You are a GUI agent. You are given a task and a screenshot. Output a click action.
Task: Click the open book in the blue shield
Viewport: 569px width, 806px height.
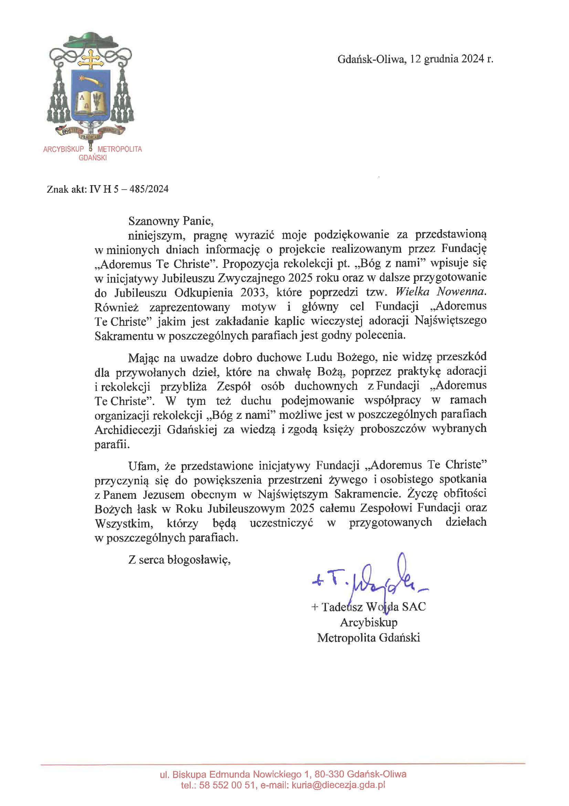tap(91, 101)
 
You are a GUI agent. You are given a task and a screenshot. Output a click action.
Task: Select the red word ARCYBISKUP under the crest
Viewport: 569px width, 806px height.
tap(63, 149)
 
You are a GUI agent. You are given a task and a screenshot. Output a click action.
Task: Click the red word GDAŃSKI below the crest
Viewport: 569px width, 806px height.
tap(93, 158)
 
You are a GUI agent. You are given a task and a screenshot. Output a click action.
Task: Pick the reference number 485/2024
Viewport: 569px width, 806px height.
tap(149, 189)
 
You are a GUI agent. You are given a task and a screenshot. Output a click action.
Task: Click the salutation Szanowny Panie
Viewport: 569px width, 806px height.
tap(170, 221)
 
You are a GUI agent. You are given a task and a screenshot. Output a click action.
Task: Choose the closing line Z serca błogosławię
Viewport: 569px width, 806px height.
tap(179, 560)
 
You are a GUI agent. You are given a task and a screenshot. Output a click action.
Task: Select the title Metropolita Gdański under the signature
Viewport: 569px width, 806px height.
tap(368, 637)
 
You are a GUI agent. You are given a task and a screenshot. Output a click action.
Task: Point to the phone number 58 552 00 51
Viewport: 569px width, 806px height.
tap(226, 785)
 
